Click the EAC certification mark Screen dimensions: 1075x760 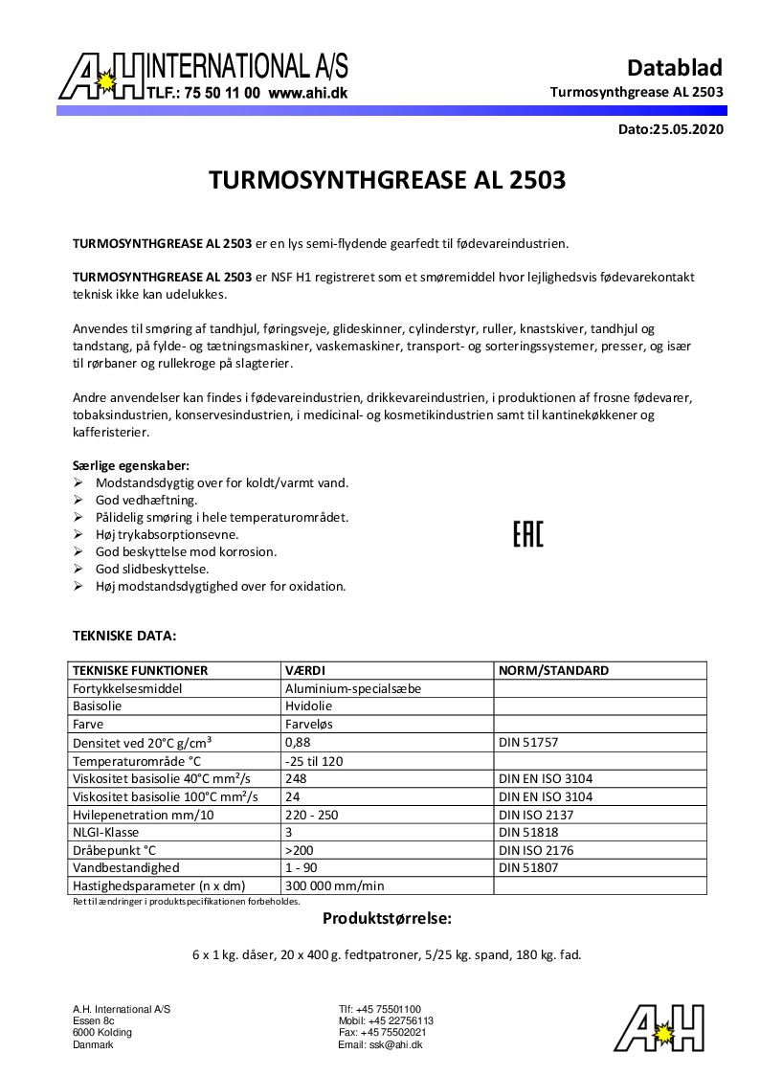527,534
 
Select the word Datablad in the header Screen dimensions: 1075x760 674,68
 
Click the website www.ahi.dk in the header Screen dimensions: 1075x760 307,94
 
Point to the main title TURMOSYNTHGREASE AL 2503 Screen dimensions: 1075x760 387,180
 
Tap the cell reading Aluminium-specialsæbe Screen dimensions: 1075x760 353,688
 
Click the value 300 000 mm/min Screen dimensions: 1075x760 334,885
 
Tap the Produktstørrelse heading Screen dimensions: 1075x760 386,919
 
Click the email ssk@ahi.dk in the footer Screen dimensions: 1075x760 380,1045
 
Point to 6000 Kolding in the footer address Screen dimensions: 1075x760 102,1033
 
